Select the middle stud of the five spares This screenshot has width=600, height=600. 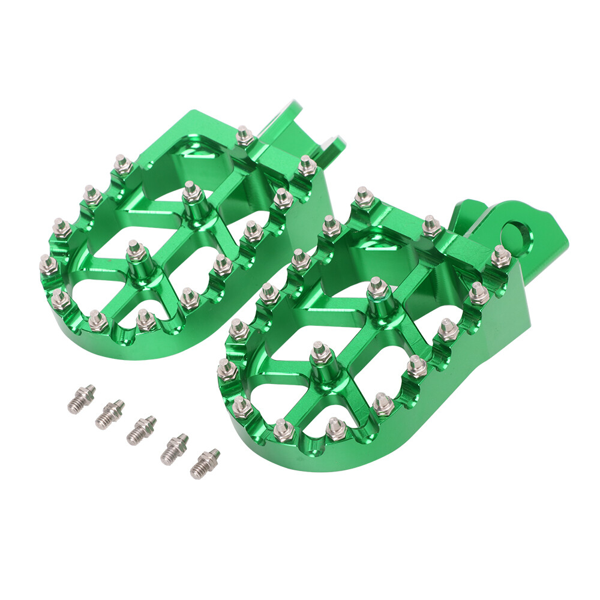pyautogui.click(x=141, y=430)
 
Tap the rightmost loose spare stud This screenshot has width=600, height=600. pyautogui.click(x=205, y=463)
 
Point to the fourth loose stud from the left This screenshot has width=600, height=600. pyautogui.click(x=174, y=448)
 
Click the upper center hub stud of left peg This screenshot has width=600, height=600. pyautogui.click(x=191, y=193)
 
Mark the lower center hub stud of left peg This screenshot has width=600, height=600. pyautogui.click(x=135, y=251)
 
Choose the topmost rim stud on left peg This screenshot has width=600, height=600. pyautogui.click(x=244, y=136)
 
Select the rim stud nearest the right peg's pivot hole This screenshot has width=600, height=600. pyautogui.click(x=501, y=256)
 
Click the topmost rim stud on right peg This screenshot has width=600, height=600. pyautogui.click(x=363, y=196)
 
